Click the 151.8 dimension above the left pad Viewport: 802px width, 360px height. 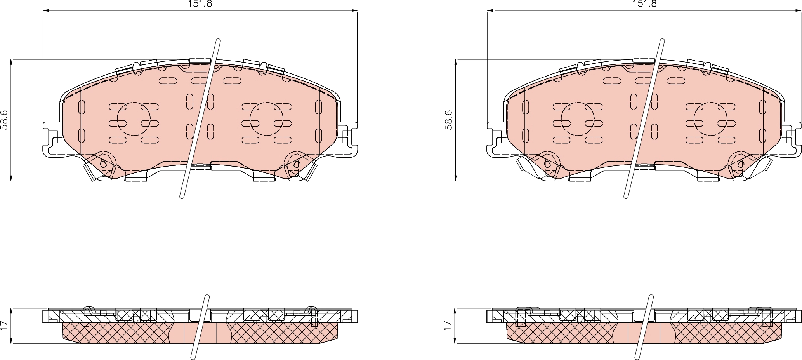point(200,4)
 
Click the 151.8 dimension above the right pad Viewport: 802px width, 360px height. point(644,4)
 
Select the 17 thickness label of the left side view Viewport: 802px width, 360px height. point(4,325)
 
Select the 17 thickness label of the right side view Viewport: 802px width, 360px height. point(448,325)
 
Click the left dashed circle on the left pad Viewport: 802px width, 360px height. point(133,119)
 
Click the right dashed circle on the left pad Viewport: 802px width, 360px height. point(266,119)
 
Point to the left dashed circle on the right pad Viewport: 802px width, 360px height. point(578,119)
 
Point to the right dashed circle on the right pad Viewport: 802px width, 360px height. point(710,119)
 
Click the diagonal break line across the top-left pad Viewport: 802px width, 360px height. point(200,118)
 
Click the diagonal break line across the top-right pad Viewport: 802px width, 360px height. point(644,118)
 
